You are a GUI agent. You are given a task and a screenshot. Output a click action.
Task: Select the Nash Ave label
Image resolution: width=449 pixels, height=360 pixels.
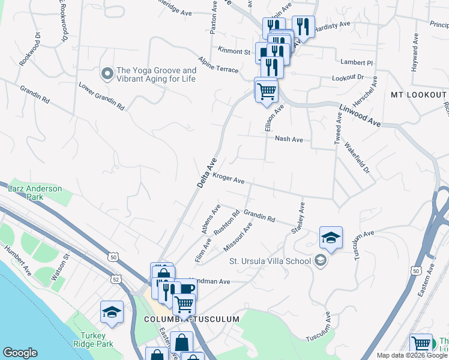click(x=289, y=139)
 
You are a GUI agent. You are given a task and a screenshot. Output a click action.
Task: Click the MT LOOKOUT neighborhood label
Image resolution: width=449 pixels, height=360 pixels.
click(x=418, y=95)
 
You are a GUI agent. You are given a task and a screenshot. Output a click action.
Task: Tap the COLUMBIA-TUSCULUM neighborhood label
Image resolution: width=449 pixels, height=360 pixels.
click(x=191, y=319)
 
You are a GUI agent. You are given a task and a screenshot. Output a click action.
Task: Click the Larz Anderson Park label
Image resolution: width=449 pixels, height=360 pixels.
click(x=35, y=193)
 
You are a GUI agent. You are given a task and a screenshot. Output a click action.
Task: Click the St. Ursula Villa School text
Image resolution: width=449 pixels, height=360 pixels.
click(x=270, y=261)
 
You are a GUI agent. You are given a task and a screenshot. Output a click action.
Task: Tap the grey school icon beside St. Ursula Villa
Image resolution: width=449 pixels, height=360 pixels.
click(x=320, y=260)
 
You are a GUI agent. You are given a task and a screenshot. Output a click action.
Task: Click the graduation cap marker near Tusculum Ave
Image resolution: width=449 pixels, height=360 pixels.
click(x=331, y=238)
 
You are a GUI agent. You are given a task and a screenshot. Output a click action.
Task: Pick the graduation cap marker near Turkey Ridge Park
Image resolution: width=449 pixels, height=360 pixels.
click(x=112, y=313)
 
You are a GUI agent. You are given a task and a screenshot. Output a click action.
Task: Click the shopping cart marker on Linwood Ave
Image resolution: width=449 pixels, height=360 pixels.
click(x=267, y=91)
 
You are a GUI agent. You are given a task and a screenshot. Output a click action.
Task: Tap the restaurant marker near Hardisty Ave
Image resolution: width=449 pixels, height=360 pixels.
click(x=303, y=26)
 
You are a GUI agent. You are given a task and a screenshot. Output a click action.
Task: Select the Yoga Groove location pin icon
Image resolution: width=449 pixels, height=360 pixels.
click(x=107, y=74)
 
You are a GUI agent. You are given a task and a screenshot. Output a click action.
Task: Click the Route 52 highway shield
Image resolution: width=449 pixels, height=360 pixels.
click(x=115, y=279)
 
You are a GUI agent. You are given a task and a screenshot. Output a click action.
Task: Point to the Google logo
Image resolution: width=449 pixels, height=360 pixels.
click(x=20, y=353)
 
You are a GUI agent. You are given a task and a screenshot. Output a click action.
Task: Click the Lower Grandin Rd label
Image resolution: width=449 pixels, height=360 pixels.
click(x=101, y=96)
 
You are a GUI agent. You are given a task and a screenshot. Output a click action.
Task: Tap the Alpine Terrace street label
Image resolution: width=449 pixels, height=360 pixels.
click(x=219, y=65)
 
